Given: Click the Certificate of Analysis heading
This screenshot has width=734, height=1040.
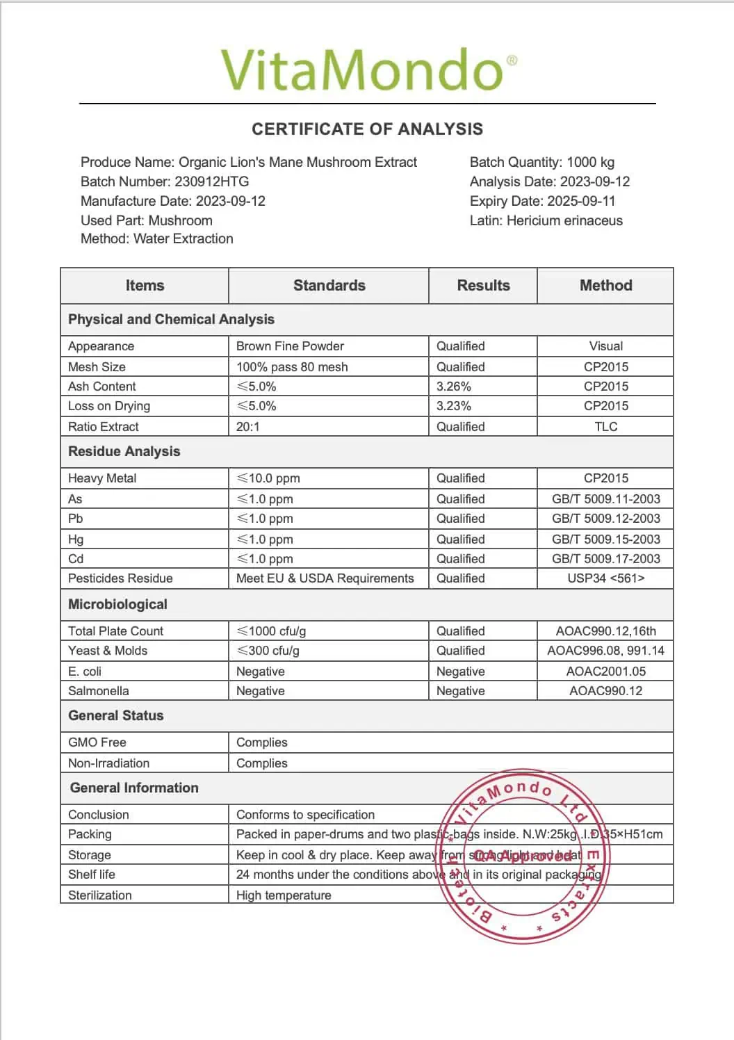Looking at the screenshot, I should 367,129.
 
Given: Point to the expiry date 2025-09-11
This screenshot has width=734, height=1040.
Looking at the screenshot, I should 581,202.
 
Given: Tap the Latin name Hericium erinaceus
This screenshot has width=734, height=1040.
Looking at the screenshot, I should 564,221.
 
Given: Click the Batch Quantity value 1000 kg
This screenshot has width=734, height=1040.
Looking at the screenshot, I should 590,163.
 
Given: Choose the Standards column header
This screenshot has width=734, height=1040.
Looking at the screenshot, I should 329,286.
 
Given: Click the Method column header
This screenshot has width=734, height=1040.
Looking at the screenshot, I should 605,286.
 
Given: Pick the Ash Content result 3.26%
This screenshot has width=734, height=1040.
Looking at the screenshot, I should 454,387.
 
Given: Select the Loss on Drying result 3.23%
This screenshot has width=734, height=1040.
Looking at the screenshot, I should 454,406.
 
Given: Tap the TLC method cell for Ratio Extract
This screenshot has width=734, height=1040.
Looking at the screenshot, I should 605,427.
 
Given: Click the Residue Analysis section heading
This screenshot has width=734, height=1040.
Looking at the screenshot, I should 124,452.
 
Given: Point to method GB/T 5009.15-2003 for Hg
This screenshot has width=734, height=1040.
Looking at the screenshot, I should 605,539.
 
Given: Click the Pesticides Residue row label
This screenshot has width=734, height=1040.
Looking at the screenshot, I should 120,578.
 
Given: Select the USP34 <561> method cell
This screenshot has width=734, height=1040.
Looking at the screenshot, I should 605,578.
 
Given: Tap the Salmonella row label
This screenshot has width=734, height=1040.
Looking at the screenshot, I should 99,691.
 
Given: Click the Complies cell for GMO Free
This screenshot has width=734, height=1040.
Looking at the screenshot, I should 262,742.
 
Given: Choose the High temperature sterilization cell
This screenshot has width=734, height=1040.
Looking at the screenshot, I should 284,895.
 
